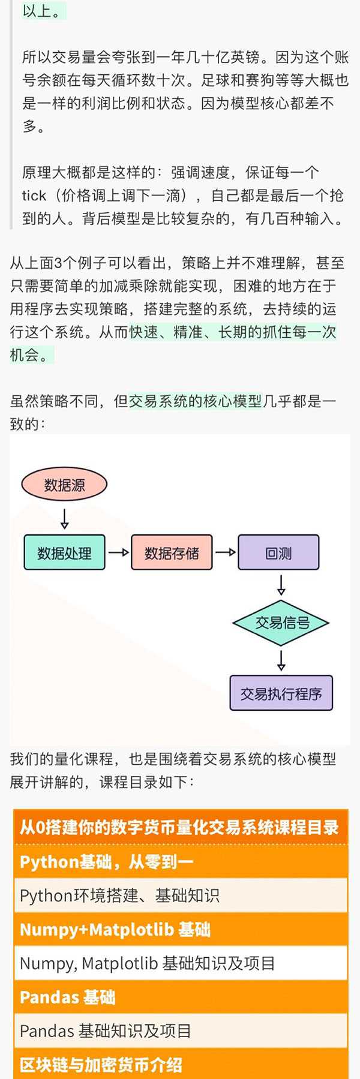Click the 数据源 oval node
coord(64,485)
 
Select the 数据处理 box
coord(64,552)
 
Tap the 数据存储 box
coord(172,552)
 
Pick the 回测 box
coord(278,552)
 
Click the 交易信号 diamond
coord(281,623)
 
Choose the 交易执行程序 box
coord(281,693)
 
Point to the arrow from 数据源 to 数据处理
coord(64,518)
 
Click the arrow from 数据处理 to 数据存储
coord(118,552)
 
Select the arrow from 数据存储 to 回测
coord(225,552)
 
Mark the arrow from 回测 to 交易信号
coord(281,585)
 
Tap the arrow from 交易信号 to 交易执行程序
coord(281,660)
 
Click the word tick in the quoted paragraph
coord(34,196)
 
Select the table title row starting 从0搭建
coord(180,828)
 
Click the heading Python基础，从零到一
coord(107,862)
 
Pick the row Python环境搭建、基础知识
coord(120,895)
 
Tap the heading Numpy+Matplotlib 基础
coord(115,930)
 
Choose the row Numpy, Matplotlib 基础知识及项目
coord(148,963)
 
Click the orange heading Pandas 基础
coord(67,997)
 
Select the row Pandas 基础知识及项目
coord(106,1031)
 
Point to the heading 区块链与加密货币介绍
coord(101,1065)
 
